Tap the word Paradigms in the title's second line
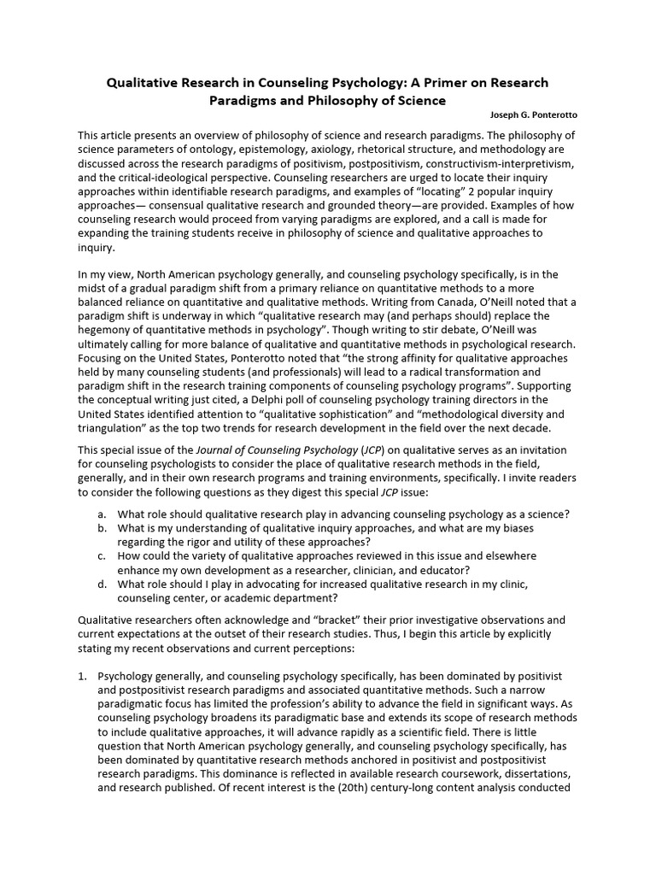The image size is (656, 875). coord(243,100)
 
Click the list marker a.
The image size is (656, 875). coord(102,514)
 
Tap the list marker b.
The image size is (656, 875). coord(102,528)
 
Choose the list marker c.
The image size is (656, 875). coord(102,555)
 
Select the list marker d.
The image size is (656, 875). coord(102,583)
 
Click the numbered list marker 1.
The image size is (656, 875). coord(83,675)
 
